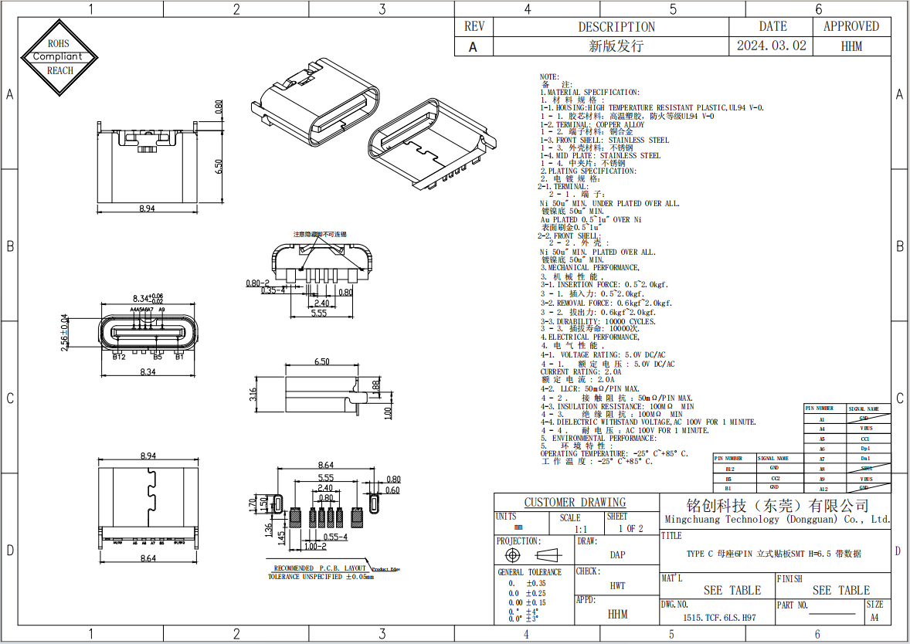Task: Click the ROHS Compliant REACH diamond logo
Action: (x=60, y=56)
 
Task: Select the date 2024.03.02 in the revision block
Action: (x=771, y=46)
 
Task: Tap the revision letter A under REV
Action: (x=474, y=46)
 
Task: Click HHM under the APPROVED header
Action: (x=851, y=46)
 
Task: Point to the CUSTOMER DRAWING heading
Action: (x=576, y=503)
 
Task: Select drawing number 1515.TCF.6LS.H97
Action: (x=719, y=618)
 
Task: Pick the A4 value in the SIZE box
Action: (x=874, y=618)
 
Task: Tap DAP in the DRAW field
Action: (x=617, y=554)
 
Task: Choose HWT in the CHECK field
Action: (x=617, y=585)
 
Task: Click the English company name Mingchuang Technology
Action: (x=776, y=520)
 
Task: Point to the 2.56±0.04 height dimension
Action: (x=65, y=333)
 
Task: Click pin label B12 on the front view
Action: (x=119, y=357)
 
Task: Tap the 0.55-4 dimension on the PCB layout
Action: (x=335, y=536)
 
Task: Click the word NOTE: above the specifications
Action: (x=548, y=77)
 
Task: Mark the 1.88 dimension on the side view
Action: (x=376, y=385)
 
